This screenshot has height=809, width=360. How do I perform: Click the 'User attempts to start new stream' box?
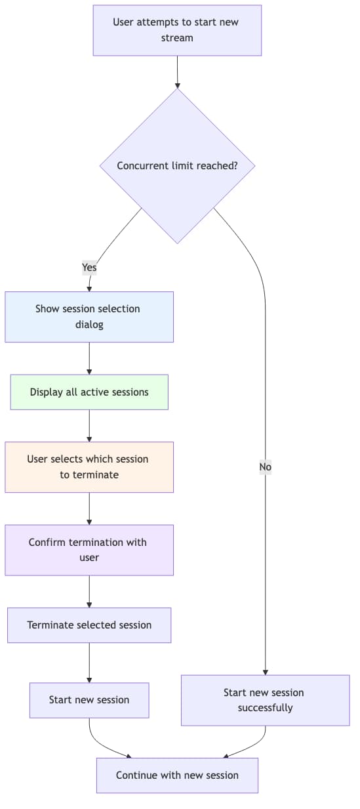click(x=177, y=30)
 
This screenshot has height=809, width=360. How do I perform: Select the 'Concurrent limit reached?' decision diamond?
click(x=177, y=166)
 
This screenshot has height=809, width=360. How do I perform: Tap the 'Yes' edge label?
click(x=89, y=267)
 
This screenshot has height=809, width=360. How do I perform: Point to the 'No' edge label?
click(x=265, y=467)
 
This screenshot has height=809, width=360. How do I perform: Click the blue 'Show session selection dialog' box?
click(x=89, y=316)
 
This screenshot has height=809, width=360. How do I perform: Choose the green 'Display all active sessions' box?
click(x=89, y=392)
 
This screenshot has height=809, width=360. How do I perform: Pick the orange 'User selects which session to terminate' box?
click(x=89, y=467)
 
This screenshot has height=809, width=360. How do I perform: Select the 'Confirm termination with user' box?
click(x=89, y=550)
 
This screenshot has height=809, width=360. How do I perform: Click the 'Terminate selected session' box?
click(x=89, y=625)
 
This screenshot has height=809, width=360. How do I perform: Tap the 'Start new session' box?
click(x=89, y=700)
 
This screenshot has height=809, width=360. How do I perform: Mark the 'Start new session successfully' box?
click(x=265, y=700)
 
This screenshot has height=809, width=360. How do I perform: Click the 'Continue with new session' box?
click(x=177, y=776)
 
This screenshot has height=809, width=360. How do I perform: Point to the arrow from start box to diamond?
click(x=177, y=72)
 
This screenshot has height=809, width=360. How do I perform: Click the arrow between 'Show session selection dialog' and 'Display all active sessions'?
click(x=89, y=358)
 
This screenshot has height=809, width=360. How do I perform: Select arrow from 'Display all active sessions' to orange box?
click(x=89, y=426)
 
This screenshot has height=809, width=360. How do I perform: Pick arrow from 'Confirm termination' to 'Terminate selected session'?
click(x=89, y=591)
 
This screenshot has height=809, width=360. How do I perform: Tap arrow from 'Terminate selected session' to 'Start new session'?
click(x=89, y=663)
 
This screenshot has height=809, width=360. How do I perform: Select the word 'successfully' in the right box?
click(x=265, y=708)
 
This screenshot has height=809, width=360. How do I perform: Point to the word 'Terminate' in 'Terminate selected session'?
click(x=50, y=625)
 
